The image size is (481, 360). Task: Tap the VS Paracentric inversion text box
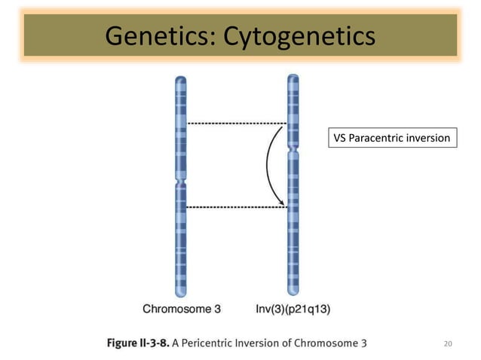pyautogui.click(x=392, y=138)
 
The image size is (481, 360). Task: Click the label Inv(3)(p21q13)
pyautogui.click(x=293, y=308)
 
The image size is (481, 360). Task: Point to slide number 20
pyautogui.click(x=449, y=343)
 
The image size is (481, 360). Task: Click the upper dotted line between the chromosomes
pyautogui.click(x=236, y=123)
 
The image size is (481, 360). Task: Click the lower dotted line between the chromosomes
pyautogui.click(x=236, y=206)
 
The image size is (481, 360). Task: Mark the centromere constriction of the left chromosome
pyautogui.click(x=181, y=183)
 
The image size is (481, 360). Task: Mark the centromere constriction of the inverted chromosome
pyautogui.click(x=293, y=151)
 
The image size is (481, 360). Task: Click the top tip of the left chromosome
pyautogui.click(x=181, y=78)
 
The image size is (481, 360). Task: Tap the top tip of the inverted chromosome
pyautogui.click(x=293, y=77)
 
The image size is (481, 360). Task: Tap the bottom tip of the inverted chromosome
pyautogui.click(x=293, y=294)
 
